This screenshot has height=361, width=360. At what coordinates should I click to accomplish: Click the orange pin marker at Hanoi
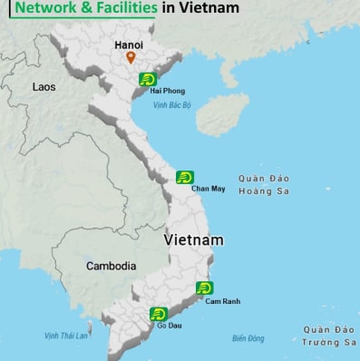[131, 58]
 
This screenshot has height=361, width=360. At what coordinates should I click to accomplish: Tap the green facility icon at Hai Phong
[148, 80]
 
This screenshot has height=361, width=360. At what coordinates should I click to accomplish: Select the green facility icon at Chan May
[185, 177]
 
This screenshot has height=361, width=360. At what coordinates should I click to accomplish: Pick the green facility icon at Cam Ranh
[204, 289]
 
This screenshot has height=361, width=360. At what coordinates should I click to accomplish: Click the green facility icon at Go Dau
[158, 314]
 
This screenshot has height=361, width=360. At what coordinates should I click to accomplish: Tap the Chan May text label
[209, 189]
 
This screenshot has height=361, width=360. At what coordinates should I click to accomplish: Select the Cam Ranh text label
[222, 301]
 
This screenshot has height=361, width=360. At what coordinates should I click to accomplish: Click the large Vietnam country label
[194, 240]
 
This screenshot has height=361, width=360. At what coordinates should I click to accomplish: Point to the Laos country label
[44, 87]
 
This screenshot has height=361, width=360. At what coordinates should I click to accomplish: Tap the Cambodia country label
[111, 267]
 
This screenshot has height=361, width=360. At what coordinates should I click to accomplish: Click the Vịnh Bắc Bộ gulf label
[172, 105]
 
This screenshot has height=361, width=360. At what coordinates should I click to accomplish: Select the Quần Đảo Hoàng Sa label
[269, 184]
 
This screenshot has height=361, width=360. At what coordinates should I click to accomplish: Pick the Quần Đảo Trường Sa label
[330, 336]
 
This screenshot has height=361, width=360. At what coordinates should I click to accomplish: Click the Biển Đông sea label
[248, 338]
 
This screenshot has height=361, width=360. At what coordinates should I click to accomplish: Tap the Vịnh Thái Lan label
[66, 336]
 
